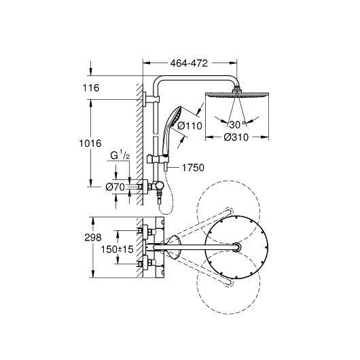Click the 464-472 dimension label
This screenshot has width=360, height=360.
click(x=189, y=63)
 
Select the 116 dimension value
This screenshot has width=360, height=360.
click(x=91, y=88)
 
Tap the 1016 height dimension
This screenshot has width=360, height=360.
click(x=90, y=143)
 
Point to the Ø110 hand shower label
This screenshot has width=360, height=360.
click(x=190, y=126)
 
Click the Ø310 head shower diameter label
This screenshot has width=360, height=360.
click(x=236, y=137)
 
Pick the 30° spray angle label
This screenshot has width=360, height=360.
click(x=237, y=125)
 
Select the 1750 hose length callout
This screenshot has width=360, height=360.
click(x=193, y=168)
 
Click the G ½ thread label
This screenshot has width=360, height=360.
click(x=120, y=156)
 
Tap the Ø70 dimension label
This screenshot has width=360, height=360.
click(x=115, y=187)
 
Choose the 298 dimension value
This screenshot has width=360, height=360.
click(x=93, y=238)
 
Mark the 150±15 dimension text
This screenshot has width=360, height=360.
click(x=117, y=249)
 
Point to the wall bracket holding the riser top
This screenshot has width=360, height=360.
click(x=151, y=99)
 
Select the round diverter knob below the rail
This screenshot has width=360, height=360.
click(x=160, y=185)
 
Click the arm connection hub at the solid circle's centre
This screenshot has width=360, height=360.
click(x=236, y=247)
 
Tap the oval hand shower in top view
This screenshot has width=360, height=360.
click(x=173, y=247)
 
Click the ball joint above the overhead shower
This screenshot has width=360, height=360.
click(x=236, y=88)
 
